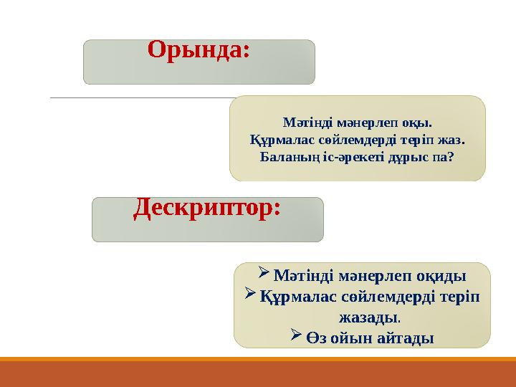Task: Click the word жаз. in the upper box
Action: [452, 138]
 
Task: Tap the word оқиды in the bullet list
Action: [440, 276]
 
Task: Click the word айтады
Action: [403, 336]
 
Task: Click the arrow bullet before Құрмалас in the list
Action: [250, 295]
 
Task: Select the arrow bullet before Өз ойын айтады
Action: [297, 335]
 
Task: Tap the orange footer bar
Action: [258, 373]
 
